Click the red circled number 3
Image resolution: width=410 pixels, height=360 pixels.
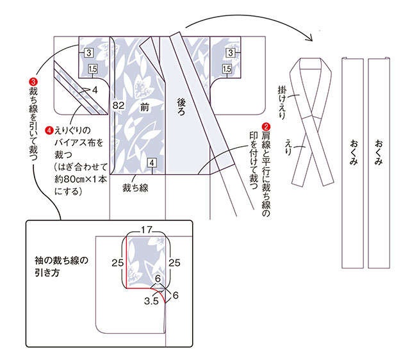coord(33,82)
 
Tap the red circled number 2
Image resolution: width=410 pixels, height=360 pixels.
coord(266,127)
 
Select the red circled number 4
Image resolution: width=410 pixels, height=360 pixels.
coord(49,130)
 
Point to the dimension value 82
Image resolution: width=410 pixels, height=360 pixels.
coord(118,105)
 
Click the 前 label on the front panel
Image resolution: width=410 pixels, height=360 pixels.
coord(144,107)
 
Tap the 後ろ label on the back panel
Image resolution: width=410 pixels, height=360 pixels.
coord(181,107)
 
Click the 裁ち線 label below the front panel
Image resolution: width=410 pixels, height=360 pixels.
coord(135,188)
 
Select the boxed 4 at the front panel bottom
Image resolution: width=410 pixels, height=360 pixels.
coord(152,163)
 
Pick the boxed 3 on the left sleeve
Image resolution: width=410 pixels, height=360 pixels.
coord(88,53)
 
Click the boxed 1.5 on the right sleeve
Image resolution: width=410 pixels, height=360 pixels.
coord(227,69)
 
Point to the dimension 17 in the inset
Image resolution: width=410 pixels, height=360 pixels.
coord(147,229)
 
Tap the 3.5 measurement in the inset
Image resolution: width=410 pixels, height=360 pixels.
coord(151,301)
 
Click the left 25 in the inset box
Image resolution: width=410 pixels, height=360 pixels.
coord(117,263)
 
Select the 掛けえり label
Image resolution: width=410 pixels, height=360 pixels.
coord(282,103)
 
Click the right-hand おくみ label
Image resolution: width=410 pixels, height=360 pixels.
coord(379,152)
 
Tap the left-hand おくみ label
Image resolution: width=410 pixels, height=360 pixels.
coord(354,152)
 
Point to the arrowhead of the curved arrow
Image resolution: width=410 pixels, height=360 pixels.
coord(310,38)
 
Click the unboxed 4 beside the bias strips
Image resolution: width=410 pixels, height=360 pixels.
coord(95,90)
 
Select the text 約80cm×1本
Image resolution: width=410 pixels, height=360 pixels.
coord(81,179)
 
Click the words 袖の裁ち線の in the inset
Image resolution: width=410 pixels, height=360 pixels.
coord(61,261)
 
